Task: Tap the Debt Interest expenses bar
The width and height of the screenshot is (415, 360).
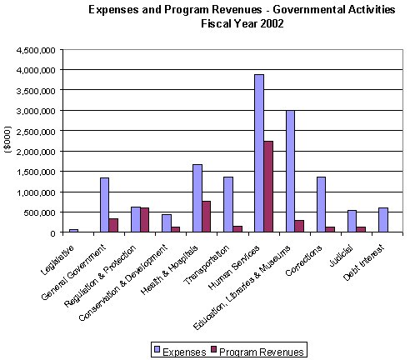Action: [382, 220]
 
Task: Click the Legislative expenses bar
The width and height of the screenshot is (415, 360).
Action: [74, 230]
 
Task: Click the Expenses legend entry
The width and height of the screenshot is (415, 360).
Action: [178, 350]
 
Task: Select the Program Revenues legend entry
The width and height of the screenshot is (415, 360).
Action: [258, 350]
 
